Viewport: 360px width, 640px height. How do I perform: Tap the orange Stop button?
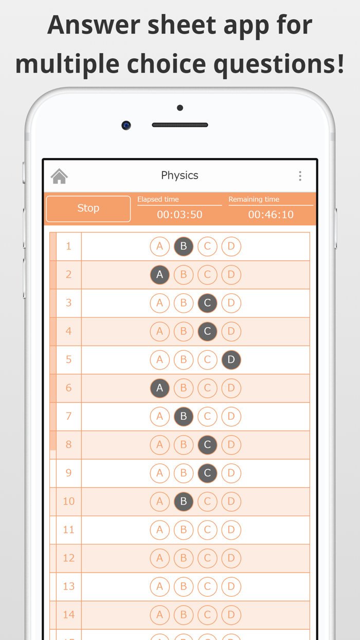[x=88, y=208]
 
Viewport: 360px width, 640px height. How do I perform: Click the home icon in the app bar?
[x=59, y=176]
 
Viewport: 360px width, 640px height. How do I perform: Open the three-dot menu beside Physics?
[x=300, y=176]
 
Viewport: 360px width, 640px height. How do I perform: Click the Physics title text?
[x=179, y=175]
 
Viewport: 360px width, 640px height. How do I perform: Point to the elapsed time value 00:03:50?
[x=179, y=215]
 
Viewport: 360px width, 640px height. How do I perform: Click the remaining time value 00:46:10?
[x=271, y=215]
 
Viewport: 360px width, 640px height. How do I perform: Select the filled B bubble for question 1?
[x=184, y=246]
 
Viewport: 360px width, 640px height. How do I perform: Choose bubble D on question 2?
[x=231, y=275]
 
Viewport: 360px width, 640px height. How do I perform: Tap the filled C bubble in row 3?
[x=207, y=303]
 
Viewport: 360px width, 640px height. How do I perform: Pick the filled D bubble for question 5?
[x=231, y=360]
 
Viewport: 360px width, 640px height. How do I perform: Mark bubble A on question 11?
[x=160, y=529]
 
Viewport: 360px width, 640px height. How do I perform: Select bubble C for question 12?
[x=207, y=558]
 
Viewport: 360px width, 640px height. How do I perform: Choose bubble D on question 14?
[x=231, y=614]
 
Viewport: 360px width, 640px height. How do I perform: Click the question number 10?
[x=68, y=501]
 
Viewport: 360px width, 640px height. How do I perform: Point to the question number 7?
[x=68, y=416]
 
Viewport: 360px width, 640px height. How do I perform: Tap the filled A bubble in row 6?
[x=160, y=388]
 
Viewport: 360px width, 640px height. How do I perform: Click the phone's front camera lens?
[x=126, y=125]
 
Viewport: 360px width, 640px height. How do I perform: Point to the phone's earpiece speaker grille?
[x=180, y=125]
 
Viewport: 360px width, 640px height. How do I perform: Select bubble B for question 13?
[x=184, y=586]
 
